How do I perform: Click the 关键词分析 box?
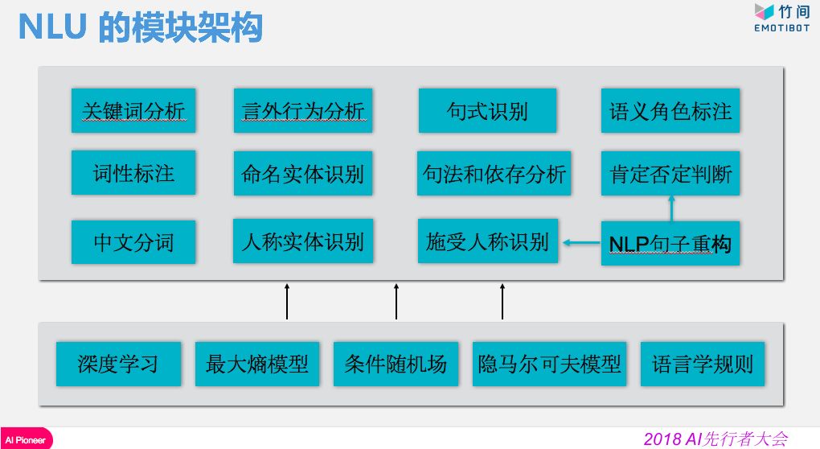coord(133,110)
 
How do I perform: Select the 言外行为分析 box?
coord(303,110)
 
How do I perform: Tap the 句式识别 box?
coord(487,110)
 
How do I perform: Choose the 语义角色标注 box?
coord(670,110)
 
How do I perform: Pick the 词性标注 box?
coord(133,172)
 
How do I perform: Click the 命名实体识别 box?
coord(303,173)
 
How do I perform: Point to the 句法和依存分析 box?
coord(494,173)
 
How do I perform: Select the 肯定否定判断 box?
coord(670,173)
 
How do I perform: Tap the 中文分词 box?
coord(133,241)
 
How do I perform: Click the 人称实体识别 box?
coord(303,241)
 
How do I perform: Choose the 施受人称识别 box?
coord(487,241)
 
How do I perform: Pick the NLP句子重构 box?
coord(670,243)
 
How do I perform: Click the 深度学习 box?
coord(118,364)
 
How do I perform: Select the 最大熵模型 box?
coord(257,364)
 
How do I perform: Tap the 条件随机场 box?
coord(396,364)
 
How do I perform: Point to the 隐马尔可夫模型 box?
coord(550,364)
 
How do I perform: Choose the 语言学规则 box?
coord(703,364)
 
